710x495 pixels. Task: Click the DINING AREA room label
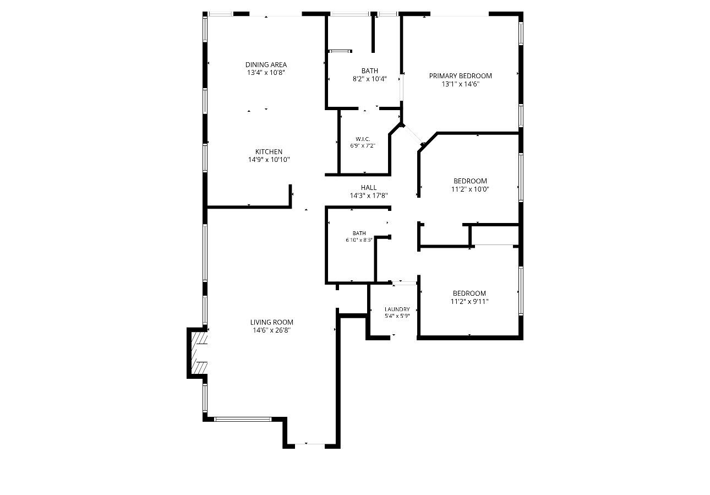point(266,64)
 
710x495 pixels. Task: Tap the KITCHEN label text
point(269,151)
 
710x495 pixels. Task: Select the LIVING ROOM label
point(272,322)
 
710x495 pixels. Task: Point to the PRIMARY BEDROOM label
point(460,76)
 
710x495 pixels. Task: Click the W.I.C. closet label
point(363,139)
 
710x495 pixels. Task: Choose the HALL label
point(369,188)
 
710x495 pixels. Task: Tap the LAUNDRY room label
point(397,309)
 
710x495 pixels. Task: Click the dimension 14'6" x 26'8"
point(272,330)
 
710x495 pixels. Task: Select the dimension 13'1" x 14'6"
point(460,84)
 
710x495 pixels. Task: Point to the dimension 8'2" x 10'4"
point(369,79)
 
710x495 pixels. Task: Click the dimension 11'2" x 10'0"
point(470,189)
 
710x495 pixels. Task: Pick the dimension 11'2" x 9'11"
point(469,302)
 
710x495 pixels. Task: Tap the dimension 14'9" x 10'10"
point(269,160)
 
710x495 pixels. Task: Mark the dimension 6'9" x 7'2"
point(363,146)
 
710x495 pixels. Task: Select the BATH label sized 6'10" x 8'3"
point(359,233)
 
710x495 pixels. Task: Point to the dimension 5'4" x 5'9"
point(397,316)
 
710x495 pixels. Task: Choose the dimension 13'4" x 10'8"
point(266,73)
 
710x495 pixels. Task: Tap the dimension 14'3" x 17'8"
point(369,195)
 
